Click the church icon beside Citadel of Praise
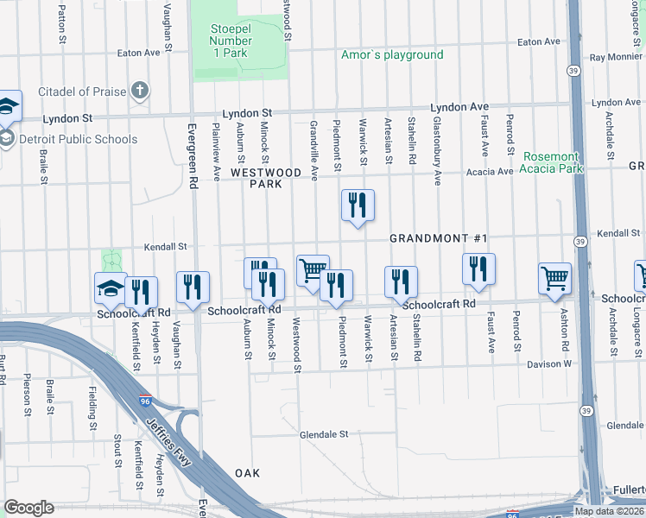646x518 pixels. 140,91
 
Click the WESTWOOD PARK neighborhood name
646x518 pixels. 266,178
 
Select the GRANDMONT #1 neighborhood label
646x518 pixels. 439,238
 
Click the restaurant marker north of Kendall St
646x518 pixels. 358,205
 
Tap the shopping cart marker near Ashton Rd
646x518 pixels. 554,279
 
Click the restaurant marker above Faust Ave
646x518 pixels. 478,269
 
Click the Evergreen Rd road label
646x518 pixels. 193,156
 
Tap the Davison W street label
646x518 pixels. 549,364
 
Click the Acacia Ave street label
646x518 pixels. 489,172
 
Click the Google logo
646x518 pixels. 28,508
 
